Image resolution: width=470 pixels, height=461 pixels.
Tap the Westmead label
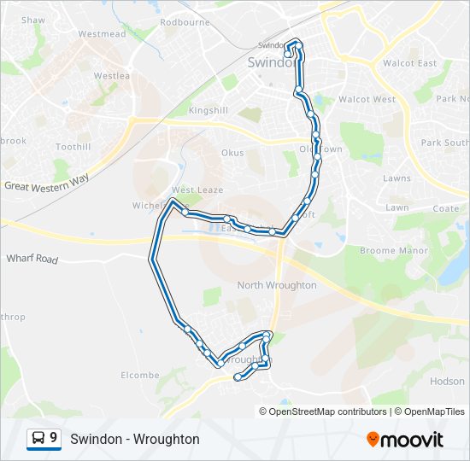coord(102,34)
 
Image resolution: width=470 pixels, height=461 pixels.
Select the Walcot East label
coord(409,63)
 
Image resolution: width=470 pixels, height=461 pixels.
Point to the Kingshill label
coord(209,111)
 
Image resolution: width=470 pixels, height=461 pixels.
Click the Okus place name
coord(232,153)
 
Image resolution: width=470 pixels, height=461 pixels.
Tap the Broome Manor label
coord(390,251)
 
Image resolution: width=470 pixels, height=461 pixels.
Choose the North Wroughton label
coord(277,285)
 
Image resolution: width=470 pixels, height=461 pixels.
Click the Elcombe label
coord(140,375)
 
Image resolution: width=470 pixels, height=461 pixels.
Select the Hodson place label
coord(448,382)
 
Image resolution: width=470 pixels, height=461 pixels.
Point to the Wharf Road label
coord(32,258)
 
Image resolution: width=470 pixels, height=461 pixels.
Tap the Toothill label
coord(73,147)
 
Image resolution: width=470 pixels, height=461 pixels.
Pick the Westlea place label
coord(111,76)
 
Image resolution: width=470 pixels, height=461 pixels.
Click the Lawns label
coord(397,178)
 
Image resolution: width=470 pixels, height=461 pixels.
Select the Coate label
coord(446,208)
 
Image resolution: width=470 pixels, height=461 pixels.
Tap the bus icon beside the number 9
coord(38,439)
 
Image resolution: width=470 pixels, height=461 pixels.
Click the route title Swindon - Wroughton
coord(135,439)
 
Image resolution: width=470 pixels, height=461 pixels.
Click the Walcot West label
coord(367,99)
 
